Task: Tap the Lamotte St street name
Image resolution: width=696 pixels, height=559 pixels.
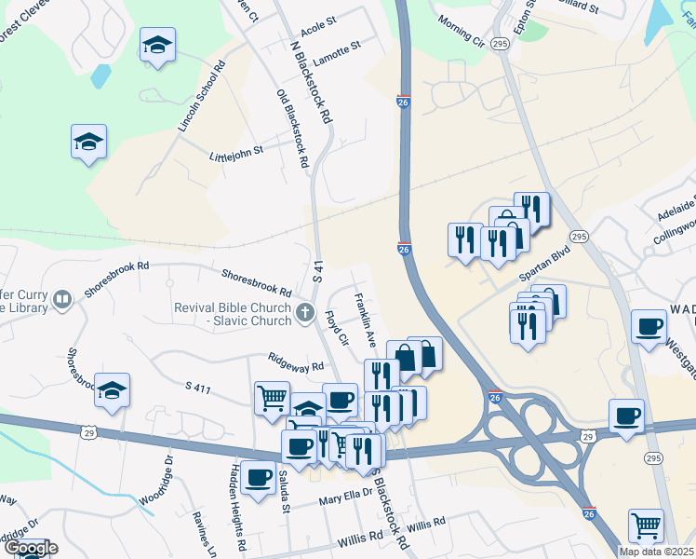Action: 336,49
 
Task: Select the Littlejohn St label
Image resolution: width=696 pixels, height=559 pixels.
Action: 237,151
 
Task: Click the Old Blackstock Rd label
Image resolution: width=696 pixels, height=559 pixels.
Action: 292,129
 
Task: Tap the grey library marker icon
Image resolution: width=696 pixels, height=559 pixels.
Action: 62,300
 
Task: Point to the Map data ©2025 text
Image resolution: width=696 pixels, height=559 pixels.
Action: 655,552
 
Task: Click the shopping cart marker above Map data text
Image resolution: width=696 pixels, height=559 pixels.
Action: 646,525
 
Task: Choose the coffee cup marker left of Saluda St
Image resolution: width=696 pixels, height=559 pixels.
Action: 257,476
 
